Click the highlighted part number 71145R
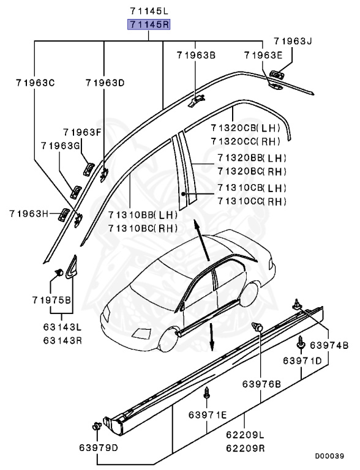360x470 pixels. [149, 25]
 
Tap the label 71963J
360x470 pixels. [292, 42]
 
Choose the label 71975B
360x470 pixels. [52, 300]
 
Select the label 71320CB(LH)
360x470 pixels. [245, 129]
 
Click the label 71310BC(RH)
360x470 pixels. [143, 228]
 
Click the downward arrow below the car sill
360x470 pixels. [211, 338]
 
